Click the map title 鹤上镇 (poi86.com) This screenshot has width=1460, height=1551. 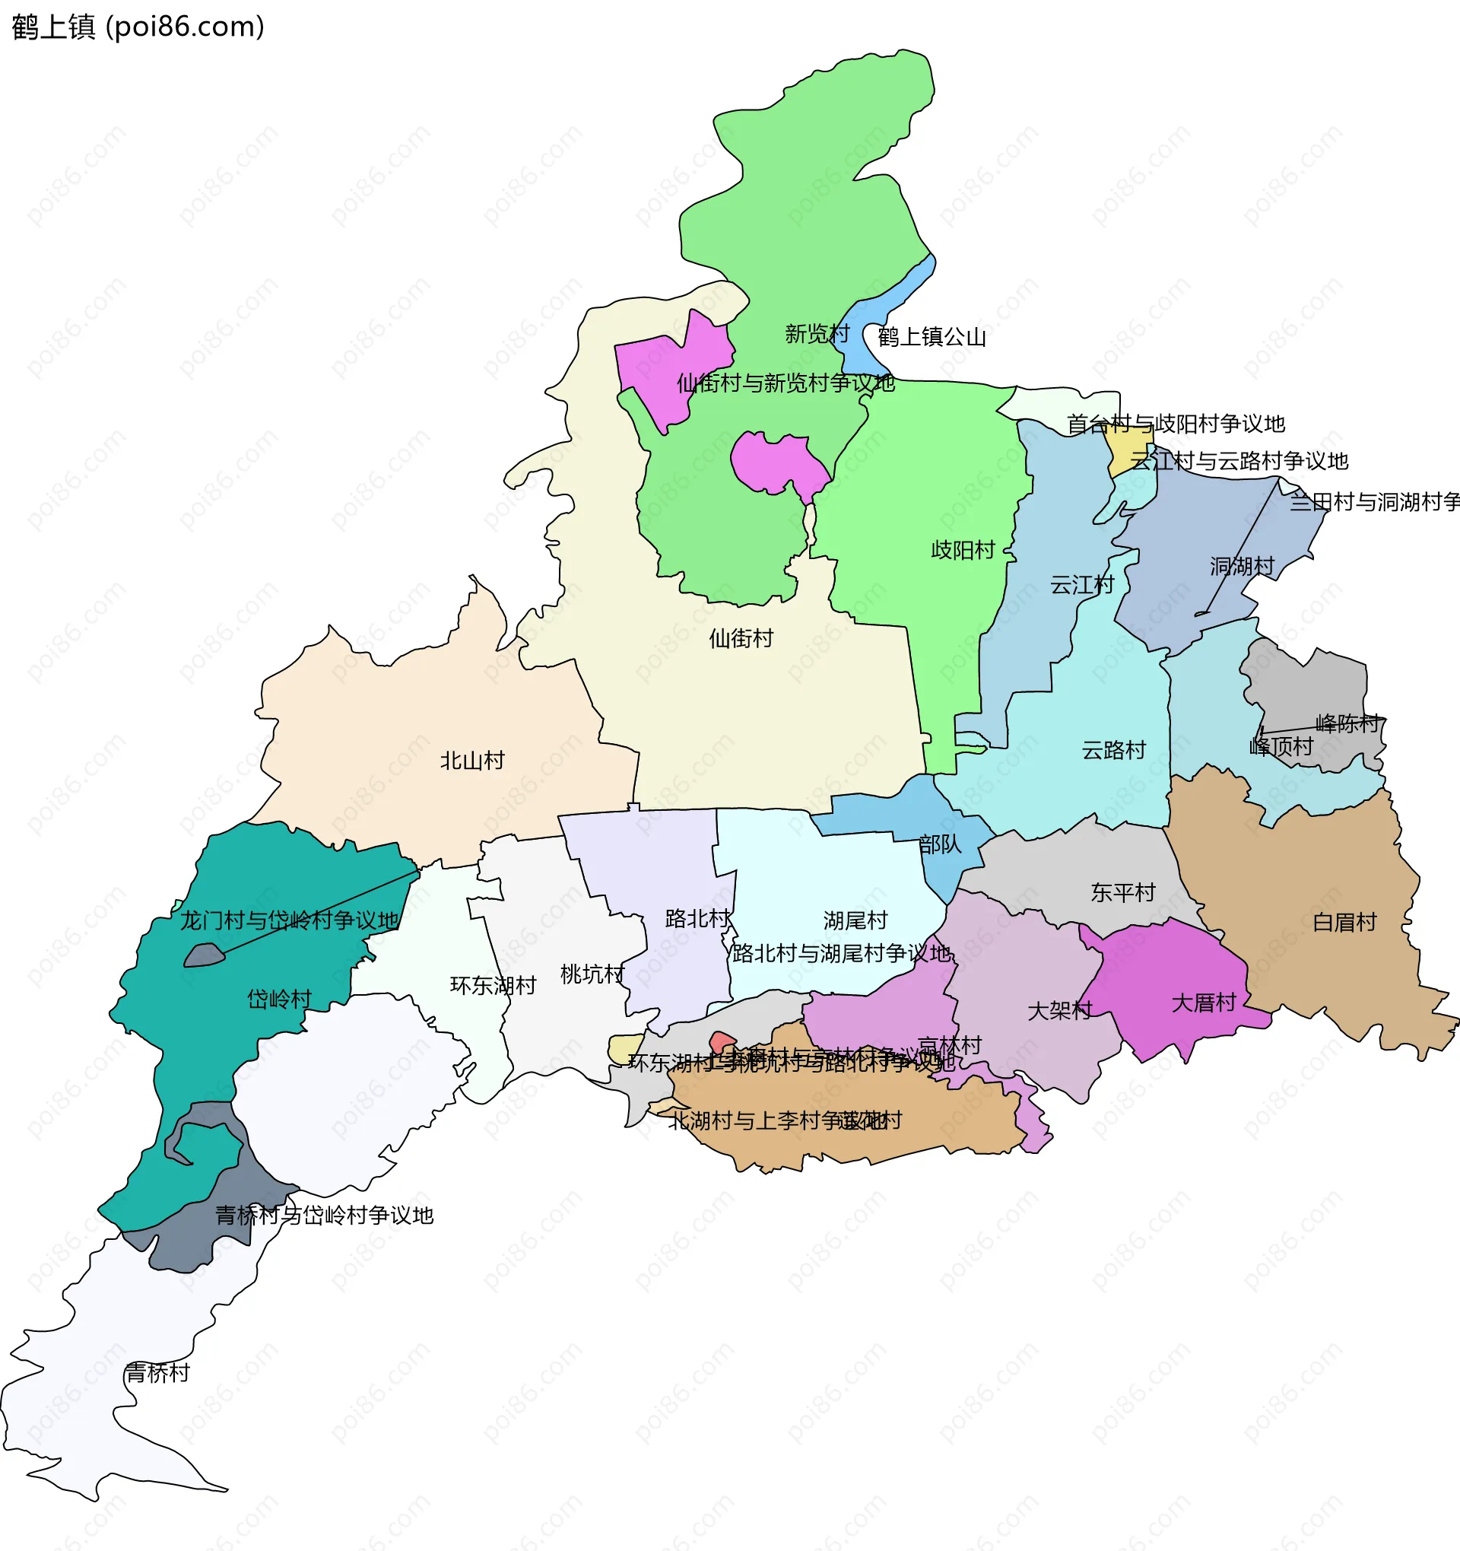138,27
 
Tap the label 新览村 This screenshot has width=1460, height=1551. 817,334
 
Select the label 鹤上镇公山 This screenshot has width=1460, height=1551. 932,337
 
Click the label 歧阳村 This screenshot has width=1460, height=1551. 963,550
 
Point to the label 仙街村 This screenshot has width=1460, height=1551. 741,638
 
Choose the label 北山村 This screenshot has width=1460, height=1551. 472,760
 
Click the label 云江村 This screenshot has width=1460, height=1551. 1082,584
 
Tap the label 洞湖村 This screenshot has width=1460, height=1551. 1242,567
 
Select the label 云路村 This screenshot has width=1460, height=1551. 1113,750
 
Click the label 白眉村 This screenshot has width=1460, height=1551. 1344,922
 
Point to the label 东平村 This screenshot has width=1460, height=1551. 1122,892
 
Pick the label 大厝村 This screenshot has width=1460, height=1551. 1204,1003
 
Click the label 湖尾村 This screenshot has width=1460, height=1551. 855,920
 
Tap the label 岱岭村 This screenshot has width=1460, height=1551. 279,999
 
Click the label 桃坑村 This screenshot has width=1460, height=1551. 592,974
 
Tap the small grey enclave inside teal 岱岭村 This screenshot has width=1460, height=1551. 204,955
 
